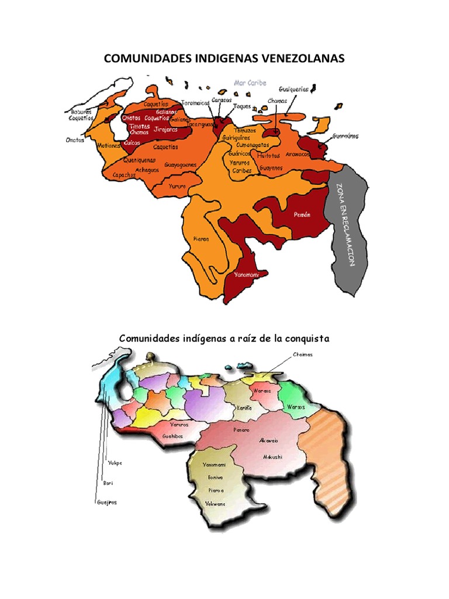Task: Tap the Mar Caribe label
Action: pos(250,83)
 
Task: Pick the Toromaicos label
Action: pos(195,102)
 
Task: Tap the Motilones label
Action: pos(109,145)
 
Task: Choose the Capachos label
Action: pos(125,174)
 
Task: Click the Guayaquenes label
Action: pos(180,165)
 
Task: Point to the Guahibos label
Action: pos(174,436)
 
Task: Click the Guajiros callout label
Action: pos(106,502)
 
